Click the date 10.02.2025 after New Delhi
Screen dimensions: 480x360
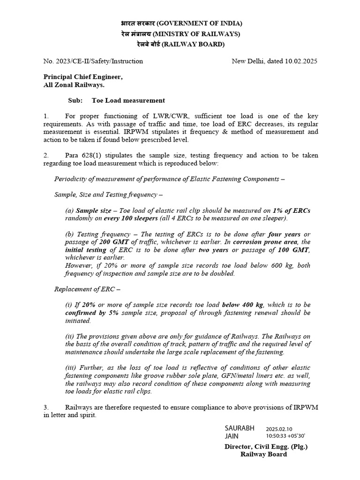coord(301,61)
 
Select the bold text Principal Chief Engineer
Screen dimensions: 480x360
coord(83,77)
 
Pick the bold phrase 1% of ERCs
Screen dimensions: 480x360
coord(291,211)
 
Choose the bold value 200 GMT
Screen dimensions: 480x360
coord(114,242)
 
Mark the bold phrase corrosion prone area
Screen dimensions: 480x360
coord(266,242)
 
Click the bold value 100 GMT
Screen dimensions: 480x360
coord(294,250)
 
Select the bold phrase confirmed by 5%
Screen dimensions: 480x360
coord(91,313)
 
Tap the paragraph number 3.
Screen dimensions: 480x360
coord(46,407)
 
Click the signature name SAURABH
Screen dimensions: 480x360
coord(240,428)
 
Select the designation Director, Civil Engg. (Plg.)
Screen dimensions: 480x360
coord(266,447)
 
